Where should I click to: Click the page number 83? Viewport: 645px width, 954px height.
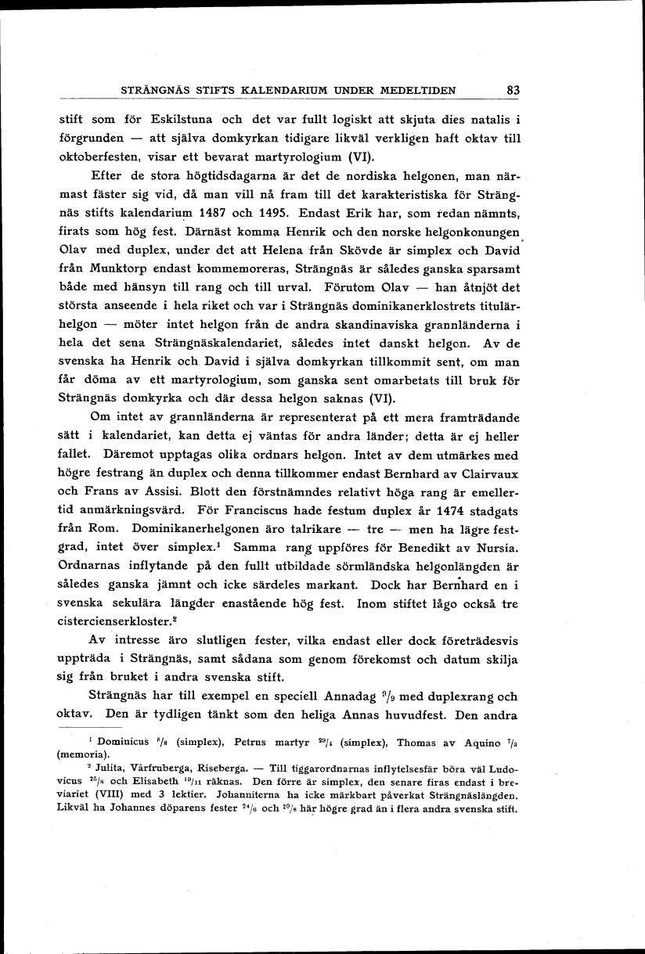pyautogui.click(x=513, y=90)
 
